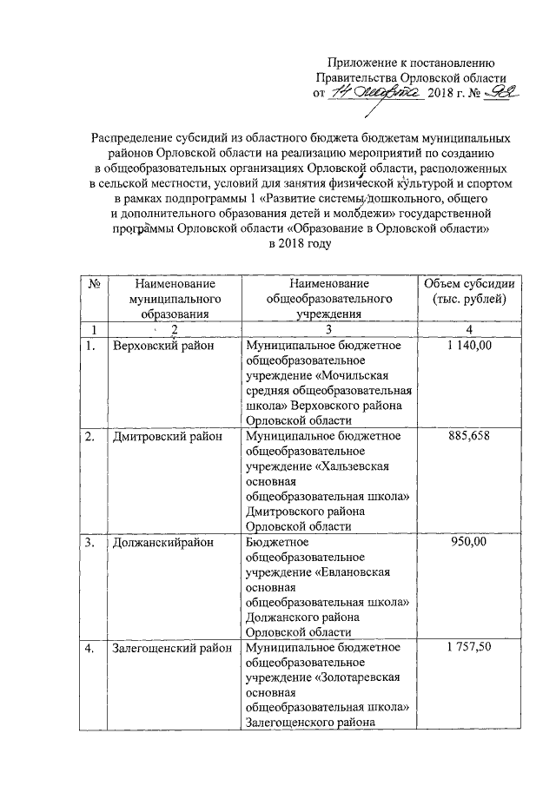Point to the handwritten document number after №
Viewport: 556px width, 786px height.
coord(500,91)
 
